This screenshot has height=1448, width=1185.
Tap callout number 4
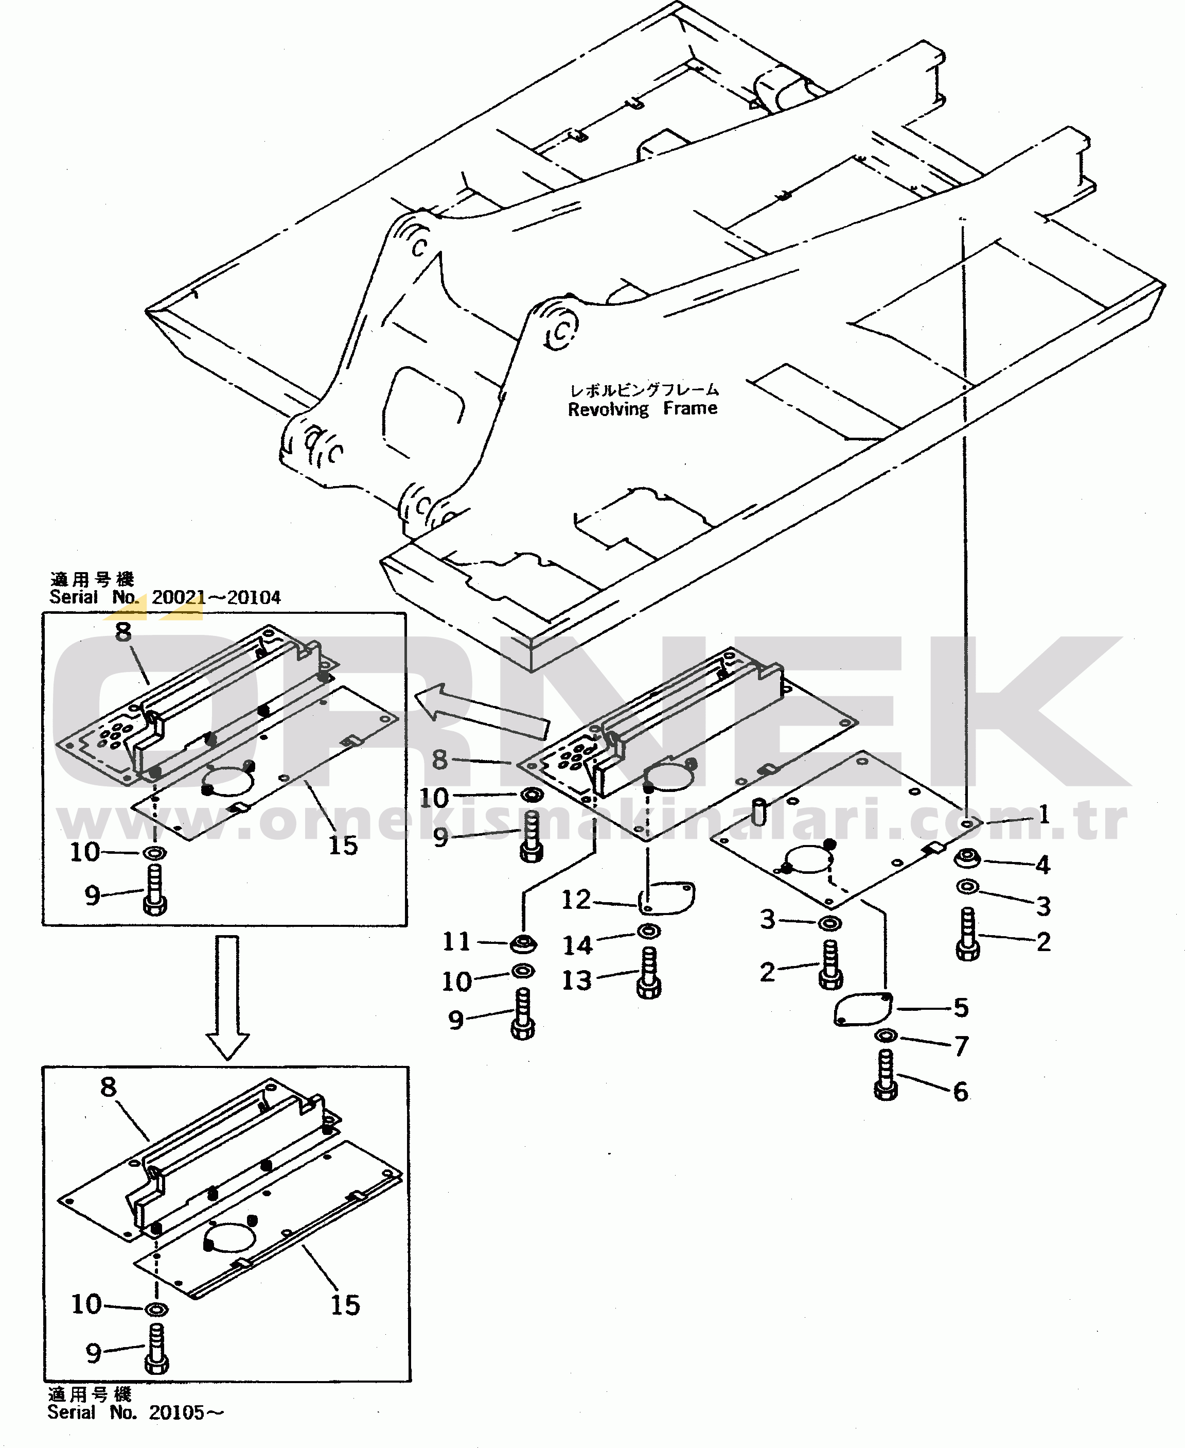1042,865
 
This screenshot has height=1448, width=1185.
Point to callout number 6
961,1092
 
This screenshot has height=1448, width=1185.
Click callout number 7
961,1046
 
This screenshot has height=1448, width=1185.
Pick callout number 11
456,941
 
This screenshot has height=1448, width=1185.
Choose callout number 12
575,900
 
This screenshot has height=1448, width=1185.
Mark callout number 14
577,945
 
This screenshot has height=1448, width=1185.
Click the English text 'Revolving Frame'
642,409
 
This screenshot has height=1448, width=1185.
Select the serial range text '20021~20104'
216,598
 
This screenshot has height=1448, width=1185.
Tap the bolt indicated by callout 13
648,973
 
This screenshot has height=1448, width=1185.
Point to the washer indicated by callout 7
886,1036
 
